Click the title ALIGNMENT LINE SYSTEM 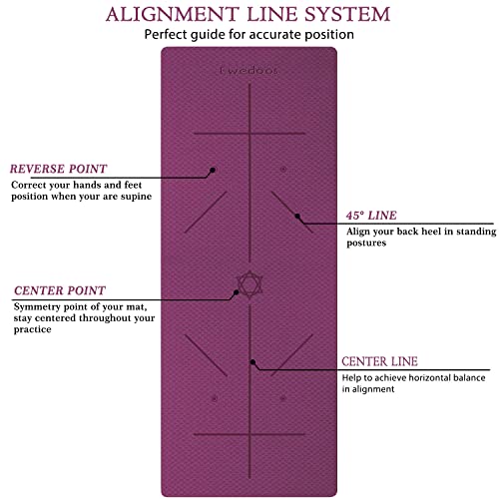(x=248, y=14)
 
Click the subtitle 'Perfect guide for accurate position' (x=249, y=35)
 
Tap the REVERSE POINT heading (x=58, y=169)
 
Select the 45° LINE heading (x=371, y=216)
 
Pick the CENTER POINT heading (x=60, y=290)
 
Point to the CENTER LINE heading (x=379, y=361)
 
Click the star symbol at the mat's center (x=249, y=284)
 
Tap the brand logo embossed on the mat (x=249, y=71)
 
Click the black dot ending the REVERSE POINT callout (x=213, y=170)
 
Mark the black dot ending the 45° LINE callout (x=297, y=217)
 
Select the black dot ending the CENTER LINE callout (x=252, y=362)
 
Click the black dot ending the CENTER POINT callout (x=236, y=292)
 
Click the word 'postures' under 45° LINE (x=366, y=244)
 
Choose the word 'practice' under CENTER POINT (x=32, y=329)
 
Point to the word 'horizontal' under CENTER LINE (x=429, y=378)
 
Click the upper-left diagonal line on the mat (x=206, y=212)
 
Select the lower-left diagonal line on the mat (x=206, y=355)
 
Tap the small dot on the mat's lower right (x=282, y=398)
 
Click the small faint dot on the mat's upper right (x=283, y=169)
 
